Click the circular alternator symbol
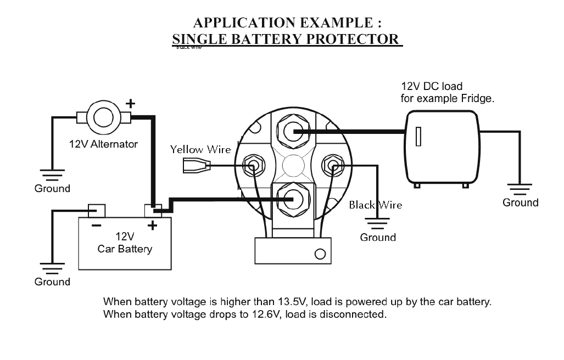coord(103,116)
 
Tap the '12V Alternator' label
coord(103,144)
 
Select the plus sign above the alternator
coord(130,103)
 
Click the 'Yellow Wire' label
coord(200,149)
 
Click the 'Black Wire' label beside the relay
coord(376,205)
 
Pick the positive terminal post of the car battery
coord(153,210)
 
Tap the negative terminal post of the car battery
coord(97,210)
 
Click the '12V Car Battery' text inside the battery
coord(125,243)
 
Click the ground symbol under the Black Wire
coord(378,223)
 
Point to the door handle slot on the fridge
coord(418,136)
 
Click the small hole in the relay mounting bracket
coord(319,254)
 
